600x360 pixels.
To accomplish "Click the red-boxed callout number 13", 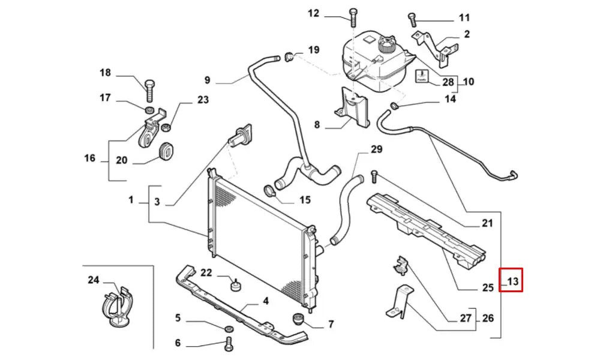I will coord(512,280).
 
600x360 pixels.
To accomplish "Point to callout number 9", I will coord(207,80).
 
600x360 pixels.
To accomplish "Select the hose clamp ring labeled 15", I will coord(271,191).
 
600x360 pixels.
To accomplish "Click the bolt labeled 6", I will coord(227,344).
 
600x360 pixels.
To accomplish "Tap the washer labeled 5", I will coord(228,329).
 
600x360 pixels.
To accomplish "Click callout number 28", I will coord(448,82).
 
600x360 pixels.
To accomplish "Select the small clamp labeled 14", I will coord(394,107).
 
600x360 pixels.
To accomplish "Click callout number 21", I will coord(487,224).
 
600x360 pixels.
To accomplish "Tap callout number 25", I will coord(488,287).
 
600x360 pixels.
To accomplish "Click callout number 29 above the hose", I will coord(376,149).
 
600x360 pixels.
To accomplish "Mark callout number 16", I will coord(90,158).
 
